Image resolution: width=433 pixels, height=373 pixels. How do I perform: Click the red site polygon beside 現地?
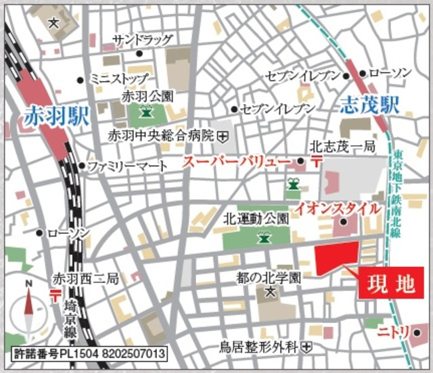(336, 258)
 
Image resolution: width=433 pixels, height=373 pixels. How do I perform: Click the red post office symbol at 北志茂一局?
(317, 161)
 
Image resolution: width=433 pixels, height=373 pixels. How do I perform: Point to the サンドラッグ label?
(142, 39)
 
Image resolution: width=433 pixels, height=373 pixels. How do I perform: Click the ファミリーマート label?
(121, 166)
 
